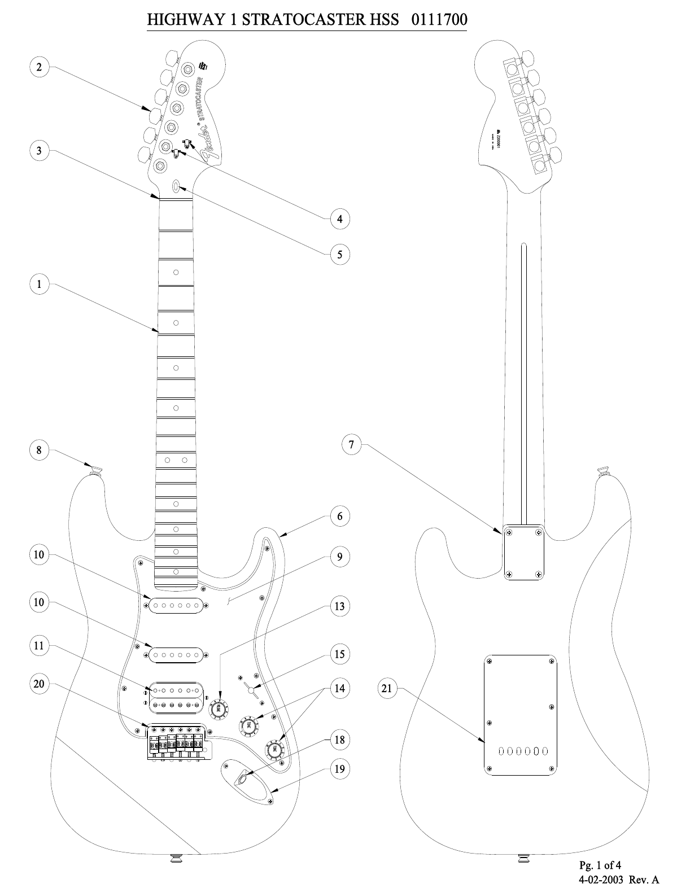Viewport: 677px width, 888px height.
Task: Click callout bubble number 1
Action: pyautogui.click(x=39, y=284)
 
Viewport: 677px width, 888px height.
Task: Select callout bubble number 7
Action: pyautogui.click(x=351, y=444)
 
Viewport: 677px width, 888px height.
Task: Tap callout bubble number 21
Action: pyautogui.click(x=387, y=688)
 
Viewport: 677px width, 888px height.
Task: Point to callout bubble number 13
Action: pyautogui.click(x=339, y=606)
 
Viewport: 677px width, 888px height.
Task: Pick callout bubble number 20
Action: pyautogui.click(x=39, y=684)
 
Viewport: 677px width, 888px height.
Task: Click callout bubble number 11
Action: pyautogui.click(x=39, y=645)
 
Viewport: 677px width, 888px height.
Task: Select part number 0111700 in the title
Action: pyautogui.click(x=439, y=20)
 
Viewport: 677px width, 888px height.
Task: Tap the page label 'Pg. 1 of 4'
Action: pyautogui.click(x=600, y=864)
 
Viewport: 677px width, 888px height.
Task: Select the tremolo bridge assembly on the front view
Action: pyautogui.click(x=176, y=742)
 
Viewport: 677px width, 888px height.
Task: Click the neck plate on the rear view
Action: pyautogui.click(x=523, y=553)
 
